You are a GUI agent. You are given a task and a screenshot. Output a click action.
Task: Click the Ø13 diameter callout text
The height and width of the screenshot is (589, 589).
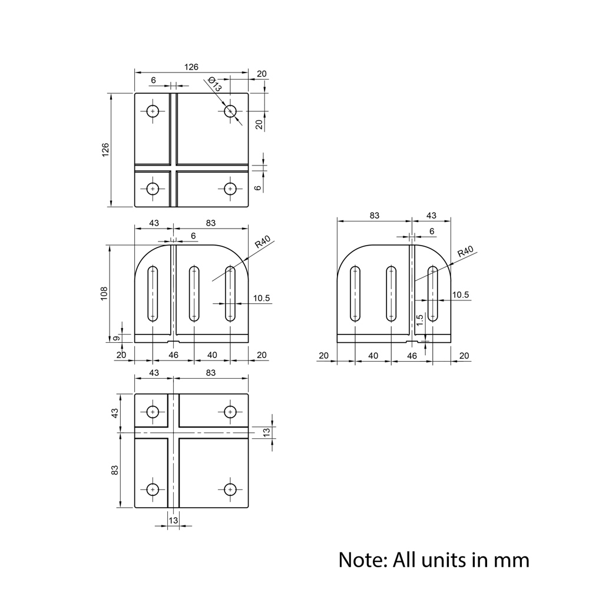coord(214,85)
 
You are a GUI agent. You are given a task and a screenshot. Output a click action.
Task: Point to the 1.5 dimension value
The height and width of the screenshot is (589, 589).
coord(419,320)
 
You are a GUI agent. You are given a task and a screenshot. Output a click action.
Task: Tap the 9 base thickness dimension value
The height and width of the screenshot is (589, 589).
coord(117,338)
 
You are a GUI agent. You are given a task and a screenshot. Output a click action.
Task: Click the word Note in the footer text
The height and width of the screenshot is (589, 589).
coord(360,559)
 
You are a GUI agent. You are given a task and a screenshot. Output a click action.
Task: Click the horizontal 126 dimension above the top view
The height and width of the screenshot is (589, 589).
coord(191,67)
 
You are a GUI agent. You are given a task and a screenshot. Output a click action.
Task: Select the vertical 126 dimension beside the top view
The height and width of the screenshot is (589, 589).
coord(105,150)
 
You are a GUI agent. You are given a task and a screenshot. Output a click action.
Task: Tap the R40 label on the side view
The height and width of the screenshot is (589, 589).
coord(465,252)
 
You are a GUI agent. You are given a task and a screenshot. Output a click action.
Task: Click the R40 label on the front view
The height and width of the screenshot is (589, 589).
coord(262,241)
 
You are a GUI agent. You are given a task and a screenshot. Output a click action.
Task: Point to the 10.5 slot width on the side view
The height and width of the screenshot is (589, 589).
coord(461,295)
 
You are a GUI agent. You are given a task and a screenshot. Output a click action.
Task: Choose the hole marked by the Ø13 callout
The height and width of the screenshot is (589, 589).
coord(230,111)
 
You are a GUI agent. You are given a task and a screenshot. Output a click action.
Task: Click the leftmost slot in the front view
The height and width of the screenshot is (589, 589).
coord(153,293)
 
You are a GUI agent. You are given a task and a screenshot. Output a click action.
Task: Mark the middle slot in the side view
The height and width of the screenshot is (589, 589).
coord(391,293)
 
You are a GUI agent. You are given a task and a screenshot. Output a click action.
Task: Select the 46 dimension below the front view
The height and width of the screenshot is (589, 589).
coord(173,355)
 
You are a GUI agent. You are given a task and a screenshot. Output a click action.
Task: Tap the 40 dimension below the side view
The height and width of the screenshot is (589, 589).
coord(373,356)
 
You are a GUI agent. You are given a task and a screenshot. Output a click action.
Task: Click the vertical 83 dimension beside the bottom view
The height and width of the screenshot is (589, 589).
coord(115,469)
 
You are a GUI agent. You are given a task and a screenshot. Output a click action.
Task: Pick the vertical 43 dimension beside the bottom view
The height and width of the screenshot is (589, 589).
coord(115,413)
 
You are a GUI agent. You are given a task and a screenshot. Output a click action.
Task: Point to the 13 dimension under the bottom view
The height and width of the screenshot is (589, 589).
coord(173,521)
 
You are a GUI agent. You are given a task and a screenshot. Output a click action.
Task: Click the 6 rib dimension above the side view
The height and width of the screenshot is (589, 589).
coord(432,231)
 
